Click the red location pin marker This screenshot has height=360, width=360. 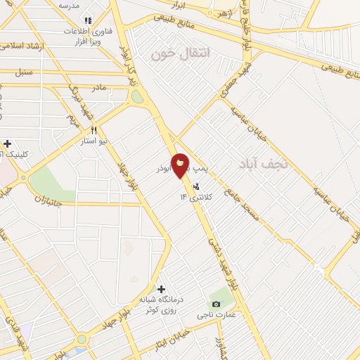coord(181,166)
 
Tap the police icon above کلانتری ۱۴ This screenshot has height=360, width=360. coord(196,187)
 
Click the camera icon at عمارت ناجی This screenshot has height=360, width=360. coord(215,304)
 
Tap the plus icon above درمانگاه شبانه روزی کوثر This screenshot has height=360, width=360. coord(161,289)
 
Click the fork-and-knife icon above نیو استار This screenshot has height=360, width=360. coord(93,130)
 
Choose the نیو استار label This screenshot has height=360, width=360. coord(94,141)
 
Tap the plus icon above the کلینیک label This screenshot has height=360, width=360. coord(8,143)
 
